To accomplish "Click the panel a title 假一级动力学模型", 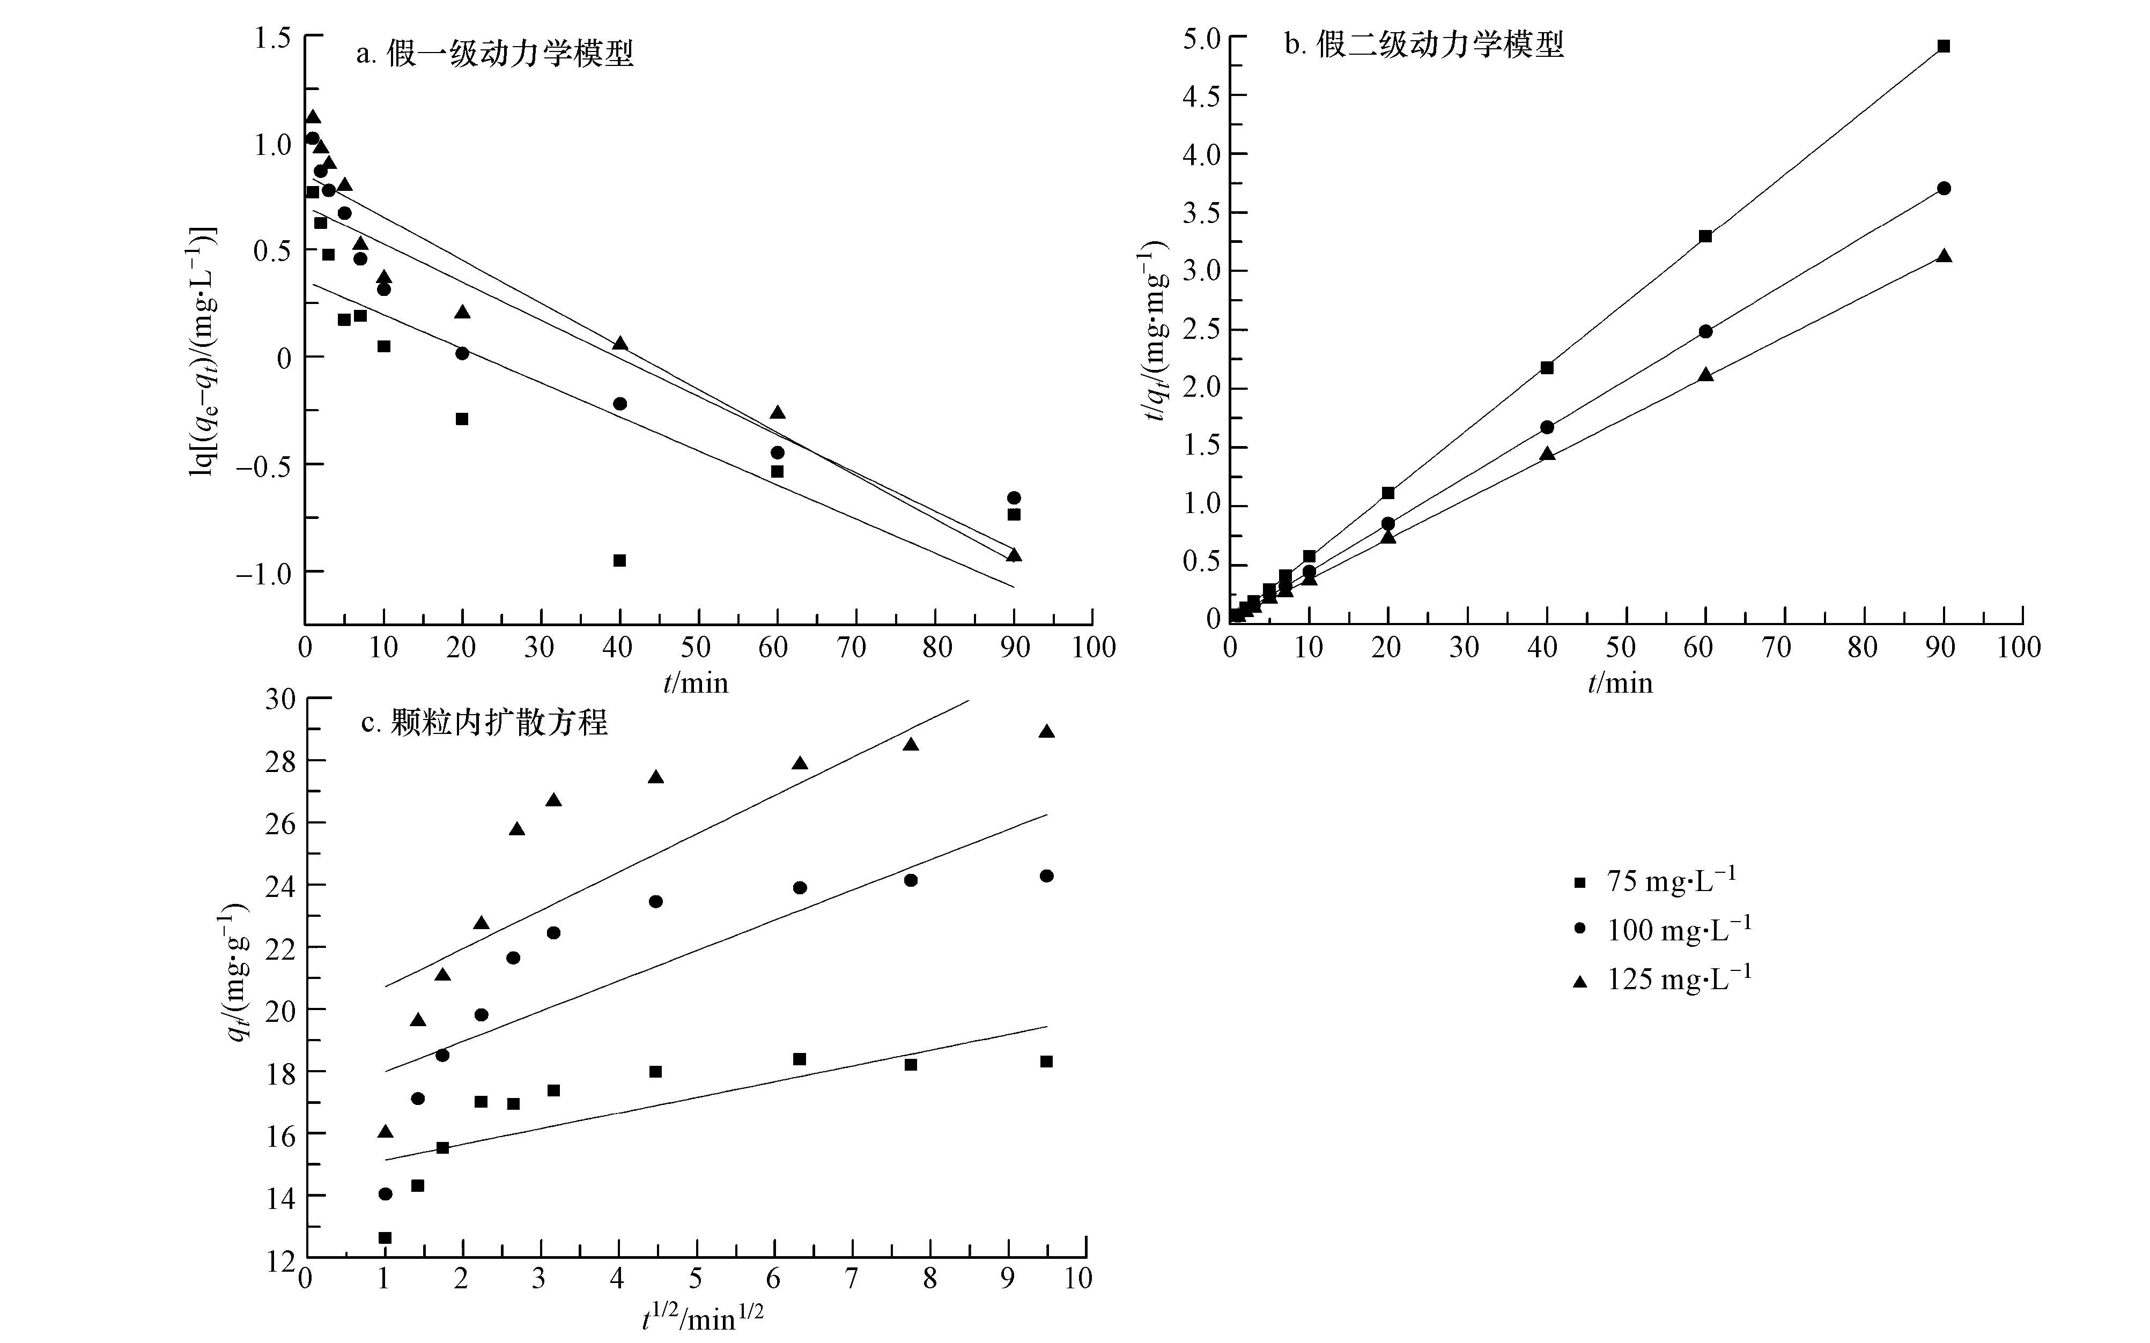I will coord(495,54).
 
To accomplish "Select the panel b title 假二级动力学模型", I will coord(1424,44).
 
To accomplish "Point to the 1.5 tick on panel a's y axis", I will coord(273,38).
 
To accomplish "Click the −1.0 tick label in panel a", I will coord(264,573).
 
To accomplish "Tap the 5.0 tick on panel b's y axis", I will coord(1201,38).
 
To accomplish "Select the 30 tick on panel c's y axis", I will coord(280,699).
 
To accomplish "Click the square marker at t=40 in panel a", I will coord(619,560).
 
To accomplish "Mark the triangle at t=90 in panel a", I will coord(1014,555).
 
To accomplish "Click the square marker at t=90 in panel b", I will coord(1943,46).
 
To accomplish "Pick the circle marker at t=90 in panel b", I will coord(1943,188).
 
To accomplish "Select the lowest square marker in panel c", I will coord(385,1237).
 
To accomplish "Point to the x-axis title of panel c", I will coord(702,1319).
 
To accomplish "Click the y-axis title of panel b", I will coord(1153,330).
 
